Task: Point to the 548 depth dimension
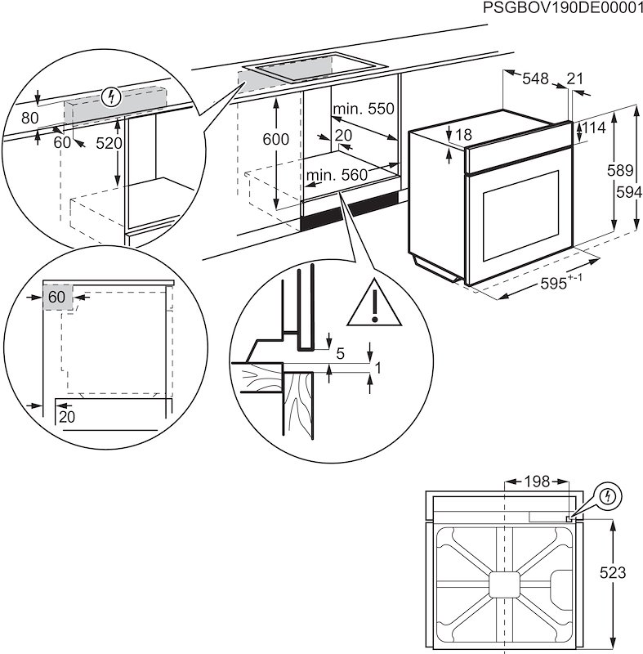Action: pyautogui.click(x=535, y=78)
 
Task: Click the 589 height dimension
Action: pyautogui.click(x=624, y=171)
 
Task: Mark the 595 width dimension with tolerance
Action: pyautogui.click(x=564, y=284)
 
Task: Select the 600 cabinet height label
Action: pyautogui.click(x=275, y=140)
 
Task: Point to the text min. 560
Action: pyautogui.click(x=337, y=174)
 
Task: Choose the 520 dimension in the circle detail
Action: pyautogui.click(x=108, y=143)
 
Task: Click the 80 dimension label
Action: pyautogui.click(x=29, y=118)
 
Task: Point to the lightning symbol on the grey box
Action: pyautogui.click(x=114, y=97)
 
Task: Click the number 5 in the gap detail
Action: pyautogui.click(x=340, y=353)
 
